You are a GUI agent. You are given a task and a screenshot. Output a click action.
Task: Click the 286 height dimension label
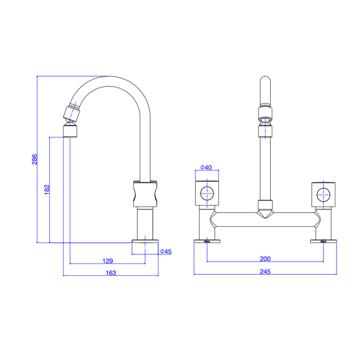35,160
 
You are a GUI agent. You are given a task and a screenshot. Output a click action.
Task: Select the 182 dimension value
47,189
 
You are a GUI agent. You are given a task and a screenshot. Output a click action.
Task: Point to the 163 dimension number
110,272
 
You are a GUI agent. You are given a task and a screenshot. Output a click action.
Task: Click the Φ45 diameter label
166,251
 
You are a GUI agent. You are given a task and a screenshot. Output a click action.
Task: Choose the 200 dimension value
265,259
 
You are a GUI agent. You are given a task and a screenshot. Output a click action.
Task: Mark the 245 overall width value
265,272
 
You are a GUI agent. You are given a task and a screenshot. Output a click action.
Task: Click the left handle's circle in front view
206,193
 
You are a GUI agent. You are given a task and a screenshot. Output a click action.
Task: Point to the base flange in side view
146,242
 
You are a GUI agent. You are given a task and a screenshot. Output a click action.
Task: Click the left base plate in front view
206,242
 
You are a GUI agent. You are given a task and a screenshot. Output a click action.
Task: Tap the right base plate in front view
323,242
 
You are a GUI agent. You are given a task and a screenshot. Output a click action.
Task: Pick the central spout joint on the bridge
265,208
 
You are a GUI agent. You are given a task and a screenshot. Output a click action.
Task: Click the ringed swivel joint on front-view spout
265,114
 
